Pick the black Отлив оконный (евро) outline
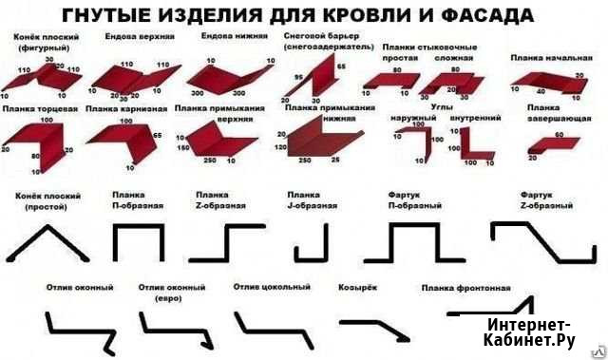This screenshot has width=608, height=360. pos(175,328)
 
